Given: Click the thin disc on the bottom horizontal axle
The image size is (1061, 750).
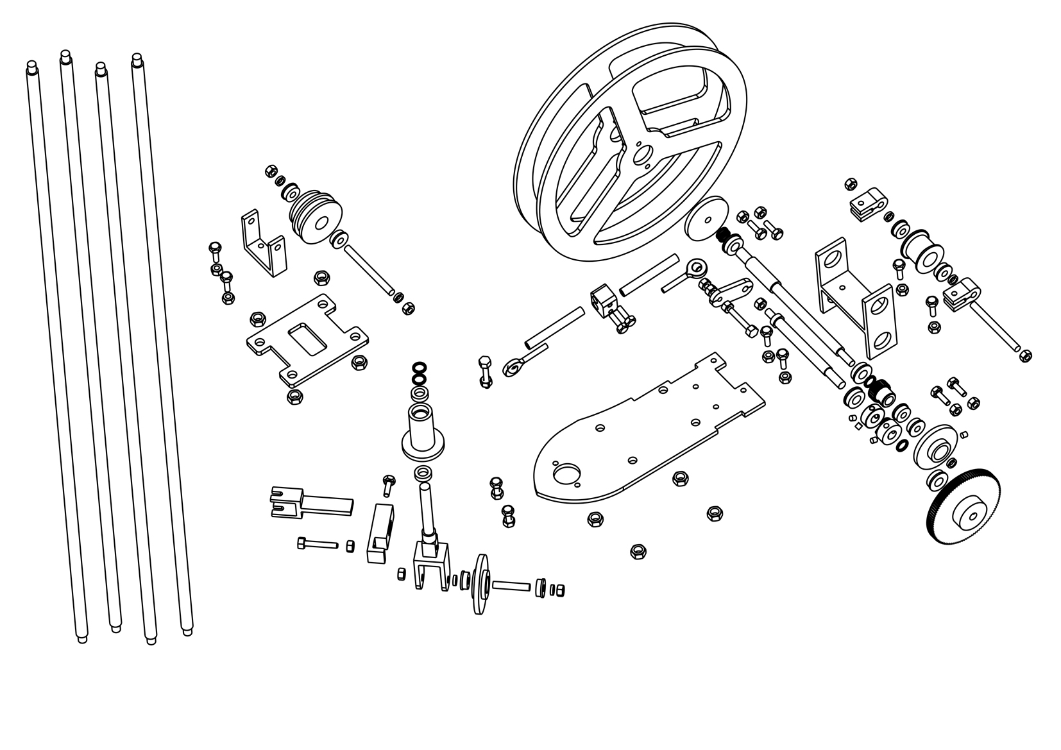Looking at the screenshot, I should click(x=479, y=584).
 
